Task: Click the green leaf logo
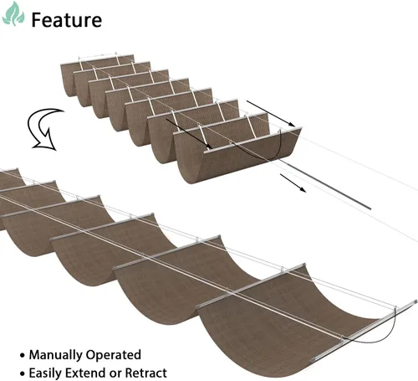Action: [x=13, y=14]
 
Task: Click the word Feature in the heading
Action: [x=67, y=20]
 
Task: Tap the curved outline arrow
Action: [x=44, y=129]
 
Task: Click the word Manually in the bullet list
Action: [x=56, y=355]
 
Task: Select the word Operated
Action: [x=113, y=356]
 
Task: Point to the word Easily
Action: [x=48, y=373]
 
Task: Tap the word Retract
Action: [x=145, y=373]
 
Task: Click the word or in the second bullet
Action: [x=116, y=374]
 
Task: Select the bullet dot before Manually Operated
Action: [x=23, y=356]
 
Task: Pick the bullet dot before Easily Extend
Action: [x=23, y=373]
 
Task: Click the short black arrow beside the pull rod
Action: [x=293, y=183]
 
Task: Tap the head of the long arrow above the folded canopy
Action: [x=292, y=124]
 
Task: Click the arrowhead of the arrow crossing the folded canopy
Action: [x=208, y=146]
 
